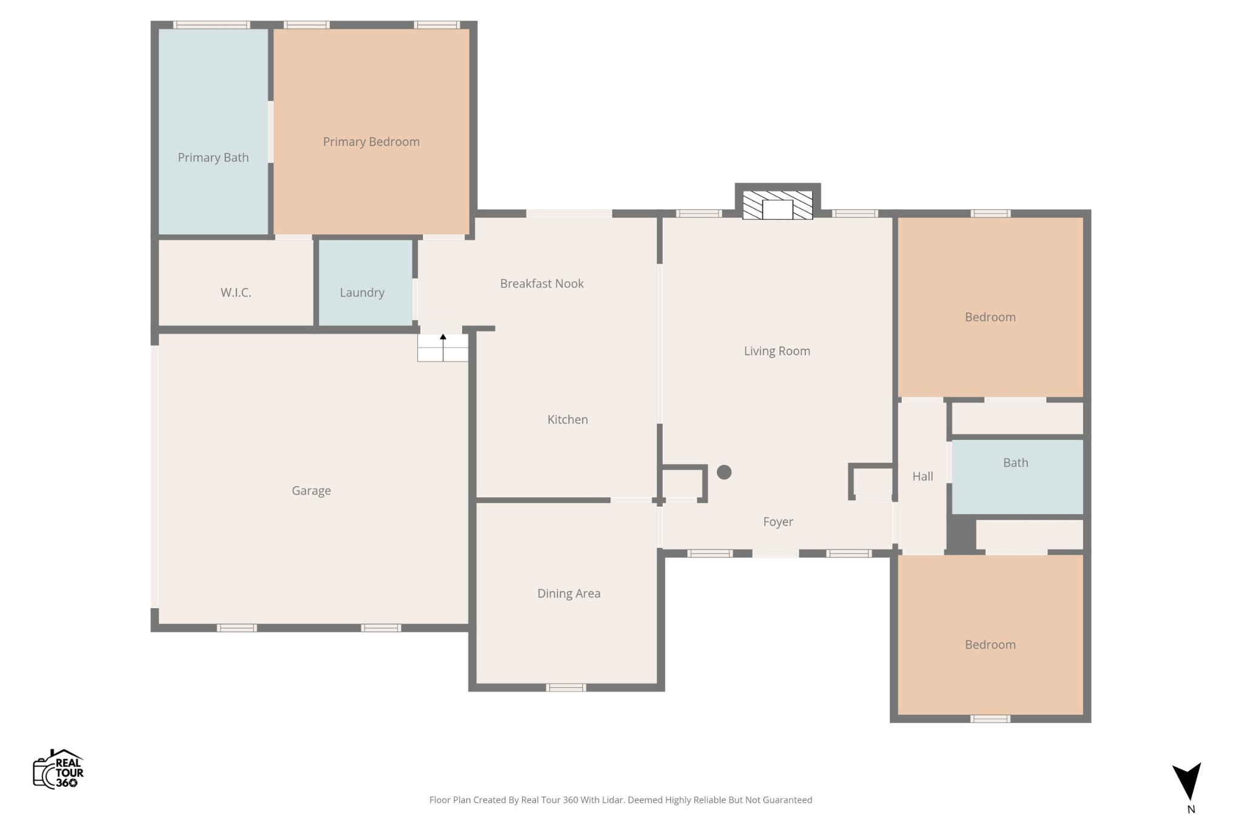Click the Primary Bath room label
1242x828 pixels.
point(213,158)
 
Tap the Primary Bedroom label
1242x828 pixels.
point(371,142)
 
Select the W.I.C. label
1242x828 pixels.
point(236,293)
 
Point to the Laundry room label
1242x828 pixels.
point(362,293)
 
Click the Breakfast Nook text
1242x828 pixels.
point(542,284)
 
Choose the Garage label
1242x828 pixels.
point(311,491)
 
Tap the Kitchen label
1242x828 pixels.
point(568,419)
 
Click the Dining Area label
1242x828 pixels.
point(569,594)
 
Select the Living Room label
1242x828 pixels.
point(777,352)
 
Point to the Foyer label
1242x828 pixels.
point(778,522)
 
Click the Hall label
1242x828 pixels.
point(922,476)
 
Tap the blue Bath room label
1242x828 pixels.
point(1015,463)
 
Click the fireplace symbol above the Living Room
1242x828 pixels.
point(777,205)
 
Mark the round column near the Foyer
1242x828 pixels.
point(724,472)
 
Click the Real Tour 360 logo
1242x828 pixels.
point(58,769)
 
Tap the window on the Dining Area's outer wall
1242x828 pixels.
point(566,687)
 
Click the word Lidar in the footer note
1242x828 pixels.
point(613,800)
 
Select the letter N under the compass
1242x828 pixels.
point(1191,809)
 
